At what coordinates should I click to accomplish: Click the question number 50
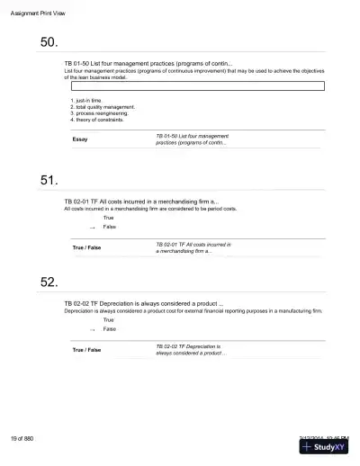[49, 42]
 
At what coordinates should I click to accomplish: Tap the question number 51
[49, 181]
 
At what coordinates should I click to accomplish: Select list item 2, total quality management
[103, 107]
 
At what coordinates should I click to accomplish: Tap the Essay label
[79, 139]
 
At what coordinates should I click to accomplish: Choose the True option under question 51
[108, 218]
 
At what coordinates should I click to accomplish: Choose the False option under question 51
[109, 227]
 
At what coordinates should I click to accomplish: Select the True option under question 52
[108, 319]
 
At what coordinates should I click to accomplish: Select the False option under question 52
[109, 329]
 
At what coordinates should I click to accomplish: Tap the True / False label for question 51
[86, 247]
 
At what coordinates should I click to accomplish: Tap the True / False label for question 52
[86, 349]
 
